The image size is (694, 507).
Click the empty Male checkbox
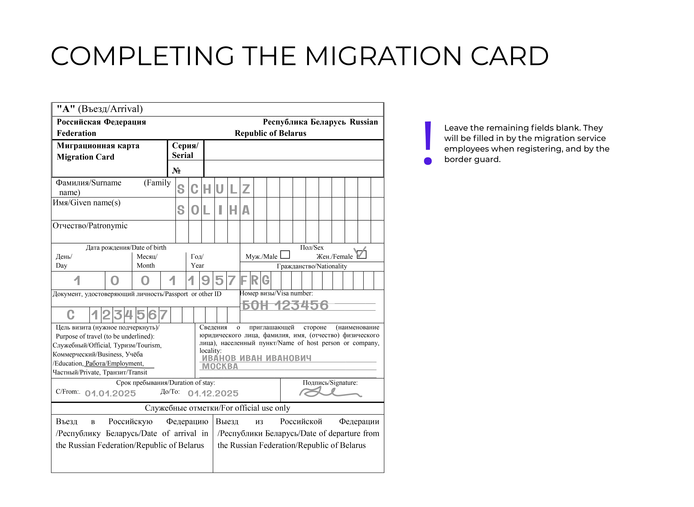(285, 254)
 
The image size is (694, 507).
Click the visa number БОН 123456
(285, 305)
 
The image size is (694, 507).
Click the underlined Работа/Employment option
(114, 363)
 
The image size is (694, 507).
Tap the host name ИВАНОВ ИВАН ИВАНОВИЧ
(256, 358)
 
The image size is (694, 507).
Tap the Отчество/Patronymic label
(90, 226)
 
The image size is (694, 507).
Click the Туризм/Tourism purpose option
(137, 345)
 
